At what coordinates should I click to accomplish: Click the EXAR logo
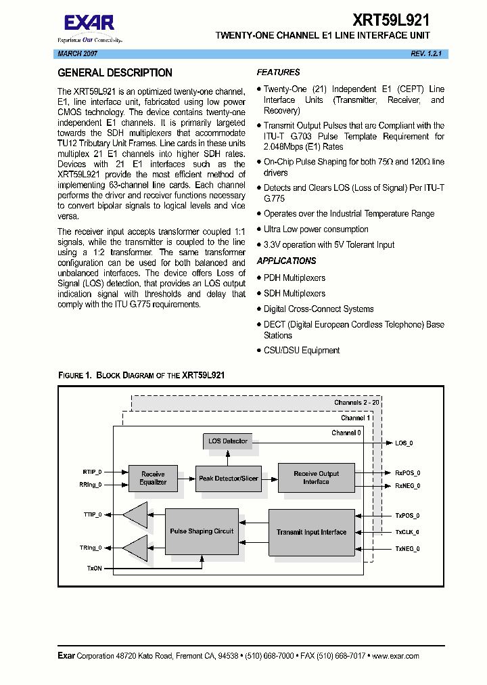(89, 24)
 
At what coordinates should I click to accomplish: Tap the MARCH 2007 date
(76, 53)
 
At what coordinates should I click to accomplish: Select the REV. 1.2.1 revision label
(425, 53)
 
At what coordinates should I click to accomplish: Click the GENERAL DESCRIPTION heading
(115, 73)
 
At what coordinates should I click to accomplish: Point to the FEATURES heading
(278, 72)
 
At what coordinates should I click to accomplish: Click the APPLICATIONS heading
(286, 261)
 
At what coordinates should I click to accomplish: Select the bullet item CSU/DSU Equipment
(301, 351)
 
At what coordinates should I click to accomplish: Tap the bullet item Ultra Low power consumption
(316, 229)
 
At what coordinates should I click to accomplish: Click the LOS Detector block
(228, 441)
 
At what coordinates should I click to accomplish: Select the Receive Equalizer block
(153, 478)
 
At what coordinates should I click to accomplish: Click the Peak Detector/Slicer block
(229, 479)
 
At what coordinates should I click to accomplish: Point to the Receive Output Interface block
(316, 478)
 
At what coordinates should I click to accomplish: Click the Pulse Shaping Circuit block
(202, 531)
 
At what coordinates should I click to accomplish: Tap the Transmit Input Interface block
(311, 532)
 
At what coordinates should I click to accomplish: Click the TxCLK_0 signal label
(407, 532)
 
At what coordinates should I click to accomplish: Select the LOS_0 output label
(404, 443)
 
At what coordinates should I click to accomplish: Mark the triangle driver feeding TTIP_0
(137, 516)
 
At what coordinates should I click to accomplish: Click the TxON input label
(94, 567)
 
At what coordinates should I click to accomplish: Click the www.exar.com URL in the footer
(395, 656)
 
